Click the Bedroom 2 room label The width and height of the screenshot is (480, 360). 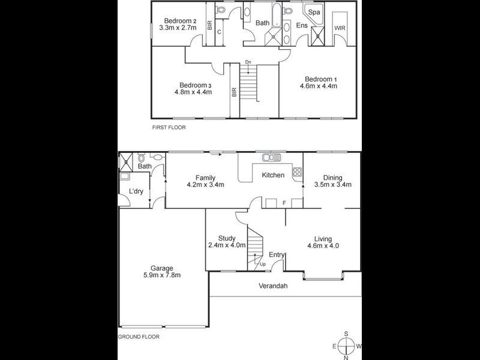[x=176, y=19]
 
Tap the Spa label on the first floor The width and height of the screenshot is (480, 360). [x=314, y=12]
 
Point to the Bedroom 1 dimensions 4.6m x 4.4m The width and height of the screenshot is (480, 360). [x=319, y=86]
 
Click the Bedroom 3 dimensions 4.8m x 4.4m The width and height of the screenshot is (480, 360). [x=193, y=92]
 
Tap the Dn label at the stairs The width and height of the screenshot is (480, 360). [x=248, y=62]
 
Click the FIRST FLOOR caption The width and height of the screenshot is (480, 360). [x=169, y=128]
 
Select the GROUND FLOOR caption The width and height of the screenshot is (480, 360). [x=139, y=337]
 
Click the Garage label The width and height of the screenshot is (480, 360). [x=161, y=268]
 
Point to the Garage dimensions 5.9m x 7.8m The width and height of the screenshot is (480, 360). [x=161, y=275]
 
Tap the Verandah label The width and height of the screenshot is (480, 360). [x=273, y=286]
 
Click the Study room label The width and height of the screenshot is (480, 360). [x=226, y=238]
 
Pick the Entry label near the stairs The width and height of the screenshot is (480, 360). [x=277, y=255]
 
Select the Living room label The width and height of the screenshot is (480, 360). [x=323, y=238]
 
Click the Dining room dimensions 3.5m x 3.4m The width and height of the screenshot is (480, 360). [x=332, y=185]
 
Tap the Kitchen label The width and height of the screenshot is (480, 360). [x=272, y=175]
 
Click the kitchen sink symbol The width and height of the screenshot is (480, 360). [x=271, y=158]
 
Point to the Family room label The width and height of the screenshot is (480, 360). [x=205, y=178]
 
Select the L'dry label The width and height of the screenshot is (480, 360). [x=135, y=191]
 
